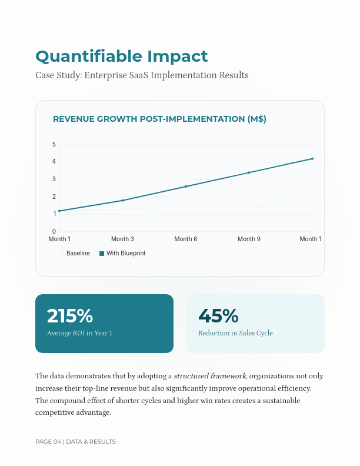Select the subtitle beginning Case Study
(142, 75)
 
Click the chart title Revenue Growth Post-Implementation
(159, 119)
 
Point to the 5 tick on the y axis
(54, 145)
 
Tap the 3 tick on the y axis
(54, 179)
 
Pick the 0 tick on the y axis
(54, 231)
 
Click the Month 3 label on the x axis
(122, 239)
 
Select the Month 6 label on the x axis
(186, 239)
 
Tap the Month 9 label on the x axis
(249, 239)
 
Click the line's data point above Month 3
(122, 201)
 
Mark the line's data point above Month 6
(186, 187)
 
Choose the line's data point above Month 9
(249, 172)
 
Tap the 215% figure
(70, 316)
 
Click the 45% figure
(218, 316)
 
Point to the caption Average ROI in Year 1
(79, 334)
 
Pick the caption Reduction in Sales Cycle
(235, 334)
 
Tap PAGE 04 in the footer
(48, 442)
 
